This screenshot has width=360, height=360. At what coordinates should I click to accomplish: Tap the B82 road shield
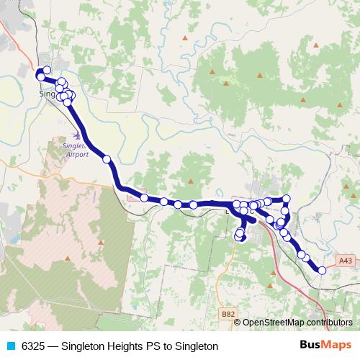[228, 313]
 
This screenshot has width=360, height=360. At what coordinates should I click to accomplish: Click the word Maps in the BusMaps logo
[337, 345]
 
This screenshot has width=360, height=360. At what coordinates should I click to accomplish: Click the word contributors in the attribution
[330, 323]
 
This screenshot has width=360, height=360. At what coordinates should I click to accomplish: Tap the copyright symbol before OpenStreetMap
[238, 323]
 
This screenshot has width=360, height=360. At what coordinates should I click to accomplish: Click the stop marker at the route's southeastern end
[322, 270]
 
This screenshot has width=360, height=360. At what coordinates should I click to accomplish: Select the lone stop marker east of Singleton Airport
[107, 159]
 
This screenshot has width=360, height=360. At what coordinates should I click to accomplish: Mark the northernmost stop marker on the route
[47, 71]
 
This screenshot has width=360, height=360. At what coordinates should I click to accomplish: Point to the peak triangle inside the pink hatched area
[67, 257]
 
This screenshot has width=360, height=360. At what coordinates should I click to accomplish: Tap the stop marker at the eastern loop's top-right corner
[286, 199]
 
